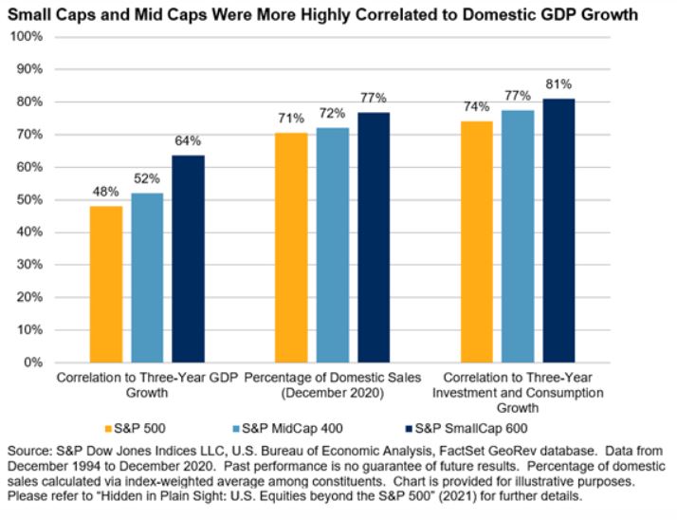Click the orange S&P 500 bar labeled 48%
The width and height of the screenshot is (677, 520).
coord(106,284)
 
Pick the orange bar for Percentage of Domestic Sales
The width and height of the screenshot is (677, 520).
coord(290,247)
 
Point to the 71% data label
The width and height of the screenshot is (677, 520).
coord(291,119)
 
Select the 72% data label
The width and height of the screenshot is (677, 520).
coord(331,116)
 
